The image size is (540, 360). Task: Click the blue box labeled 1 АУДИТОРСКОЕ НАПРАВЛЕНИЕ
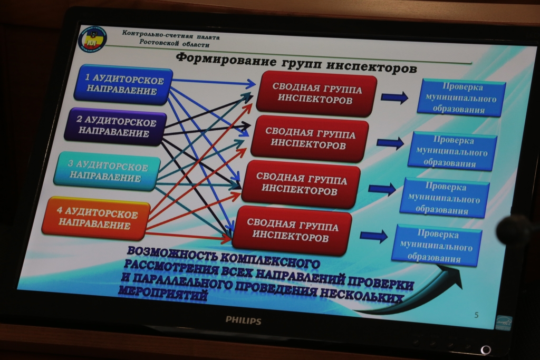click(123, 85)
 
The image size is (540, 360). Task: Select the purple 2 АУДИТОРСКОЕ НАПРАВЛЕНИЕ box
click(115, 127)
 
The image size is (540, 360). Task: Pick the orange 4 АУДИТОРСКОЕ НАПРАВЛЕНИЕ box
click(96, 218)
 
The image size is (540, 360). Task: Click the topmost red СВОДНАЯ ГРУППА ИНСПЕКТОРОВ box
click(316, 94)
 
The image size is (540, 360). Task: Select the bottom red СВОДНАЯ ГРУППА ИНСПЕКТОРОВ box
click(292, 230)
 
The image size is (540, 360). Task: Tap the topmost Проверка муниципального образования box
click(461, 98)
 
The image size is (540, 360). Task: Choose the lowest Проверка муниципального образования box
click(436, 246)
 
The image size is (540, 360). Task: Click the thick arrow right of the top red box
click(394, 98)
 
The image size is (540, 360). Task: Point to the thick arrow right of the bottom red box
click(374, 236)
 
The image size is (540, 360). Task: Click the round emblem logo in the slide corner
click(92, 39)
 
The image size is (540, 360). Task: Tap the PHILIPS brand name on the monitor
click(243, 320)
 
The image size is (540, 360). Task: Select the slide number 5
click(476, 315)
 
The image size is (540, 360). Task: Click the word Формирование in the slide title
click(226, 59)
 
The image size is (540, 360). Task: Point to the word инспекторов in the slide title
click(371, 66)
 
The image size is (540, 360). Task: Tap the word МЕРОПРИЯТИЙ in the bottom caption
click(163, 293)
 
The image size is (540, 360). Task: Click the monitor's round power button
click(486, 350)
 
